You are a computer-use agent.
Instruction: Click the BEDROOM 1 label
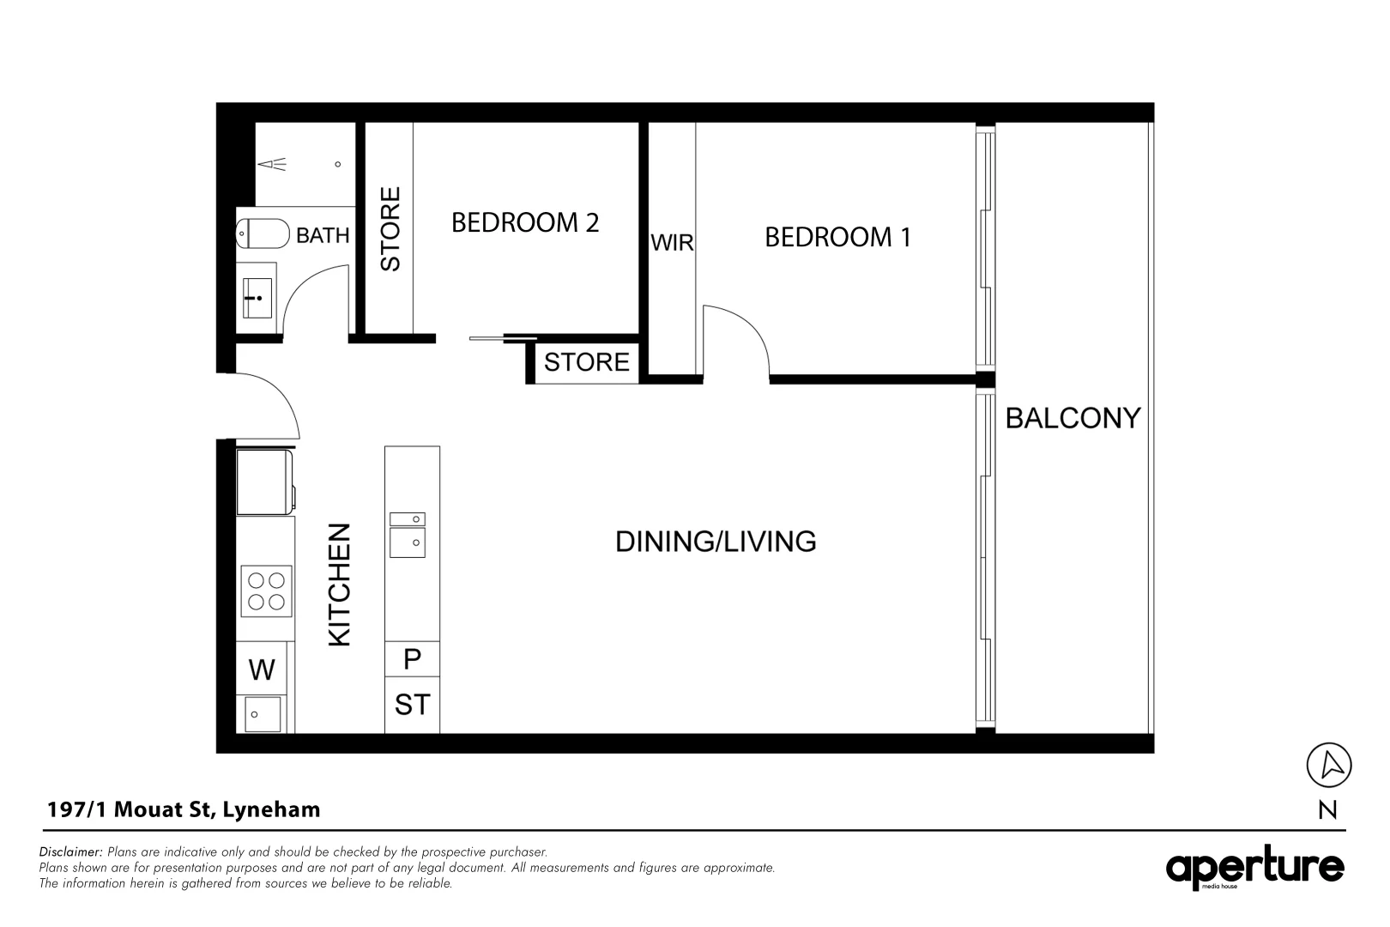pyautogui.click(x=837, y=237)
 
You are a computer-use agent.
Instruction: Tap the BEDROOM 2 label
pyautogui.click(x=525, y=223)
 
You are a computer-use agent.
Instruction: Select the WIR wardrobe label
pyautogui.click(x=672, y=243)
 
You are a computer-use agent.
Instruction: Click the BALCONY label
pyautogui.click(x=1073, y=418)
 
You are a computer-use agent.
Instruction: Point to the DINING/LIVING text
pyautogui.click(x=716, y=542)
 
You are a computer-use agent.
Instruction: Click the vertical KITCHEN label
pyautogui.click(x=340, y=585)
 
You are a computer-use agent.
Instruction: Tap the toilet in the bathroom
pyautogui.click(x=263, y=233)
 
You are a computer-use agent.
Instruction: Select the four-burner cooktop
pyautogui.click(x=266, y=591)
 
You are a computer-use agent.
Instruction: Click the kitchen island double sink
pyautogui.click(x=408, y=535)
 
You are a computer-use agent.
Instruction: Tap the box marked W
pyautogui.click(x=262, y=669)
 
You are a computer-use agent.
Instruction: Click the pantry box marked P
pyautogui.click(x=412, y=659)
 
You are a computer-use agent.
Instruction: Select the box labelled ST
pyautogui.click(x=412, y=705)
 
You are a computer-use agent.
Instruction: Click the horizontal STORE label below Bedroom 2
pyautogui.click(x=587, y=362)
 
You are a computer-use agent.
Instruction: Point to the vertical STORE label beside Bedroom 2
pyautogui.click(x=390, y=229)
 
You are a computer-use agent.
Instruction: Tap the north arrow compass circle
pyautogui.click(x=1328, y=765)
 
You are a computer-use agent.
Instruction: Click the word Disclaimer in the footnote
pyautogui.click(x=70, y=852)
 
